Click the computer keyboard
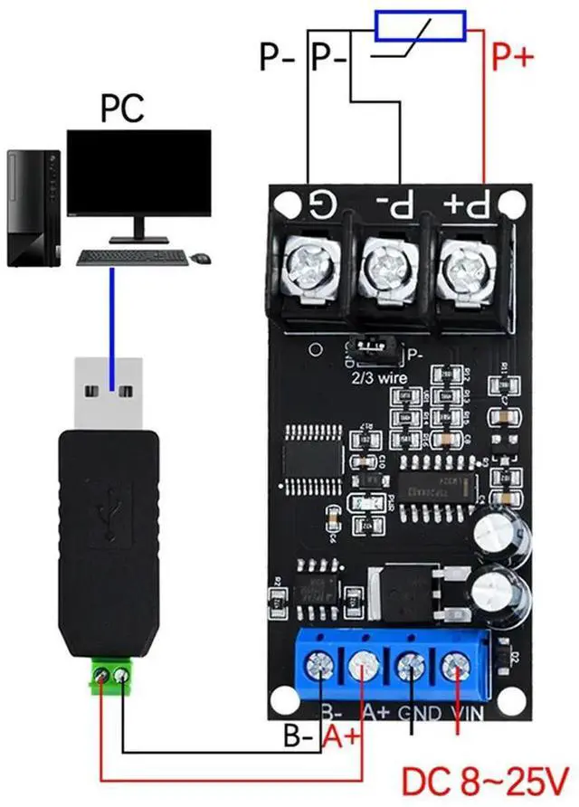[x=132, y=257]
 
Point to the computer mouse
[x=200, y=258]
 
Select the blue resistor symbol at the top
[x=421, y=26]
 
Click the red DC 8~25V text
[x=484, y=779]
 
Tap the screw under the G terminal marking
[x=308, y=265]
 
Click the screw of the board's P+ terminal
[x=467, y=265]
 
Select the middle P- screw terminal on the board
[x=388, y=265]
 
